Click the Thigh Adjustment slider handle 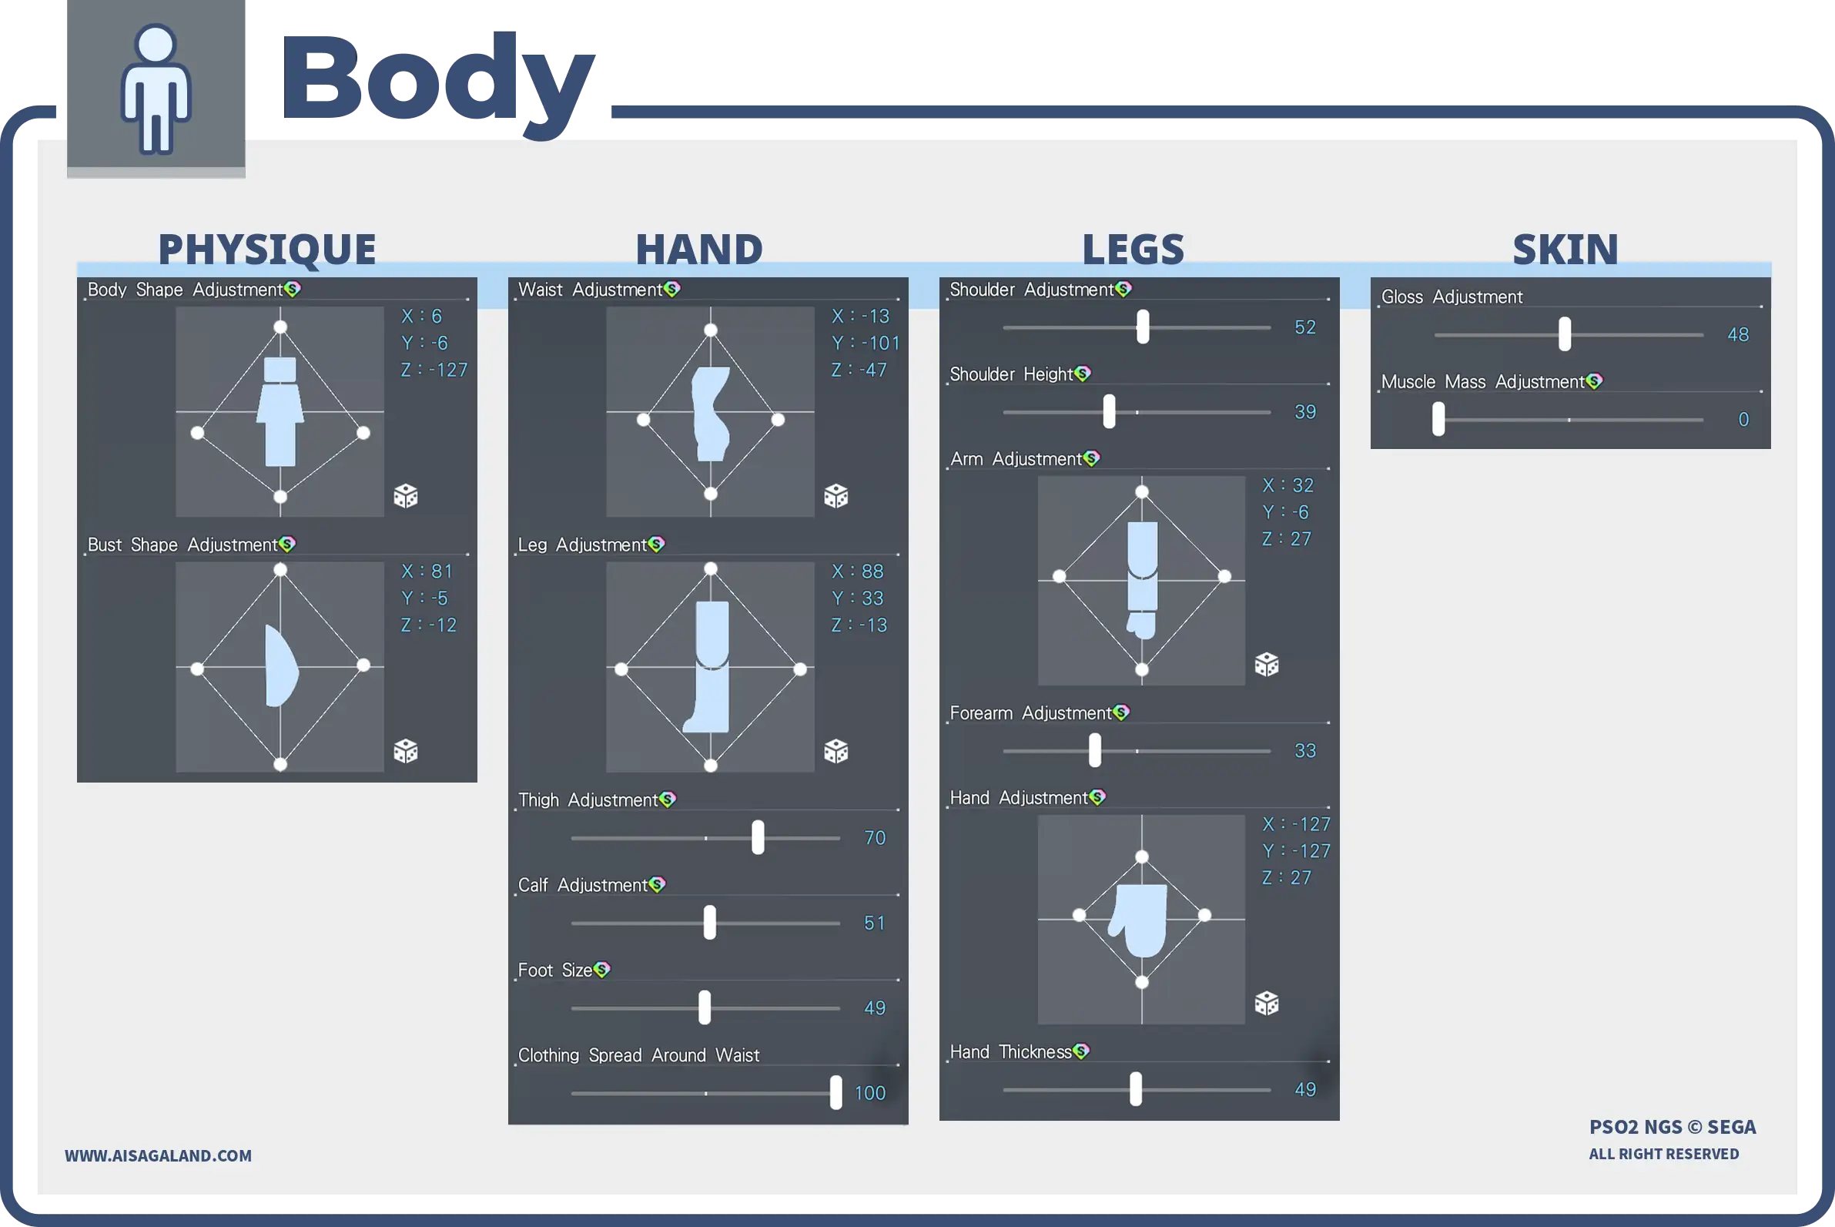point(757,837)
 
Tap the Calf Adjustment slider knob point(709,923)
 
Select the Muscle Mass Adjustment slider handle point(1438,419)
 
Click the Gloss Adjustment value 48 point(1738,335)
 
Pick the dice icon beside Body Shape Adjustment point(405,495)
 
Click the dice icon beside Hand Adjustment point(1267,1002)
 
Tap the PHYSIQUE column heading point(266,249)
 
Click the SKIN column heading point(1565,249)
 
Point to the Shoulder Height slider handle point(1108,411)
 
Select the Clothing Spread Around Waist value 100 point(870,1093)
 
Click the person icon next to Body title point(156,89)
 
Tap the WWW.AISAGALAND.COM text point(158,1156)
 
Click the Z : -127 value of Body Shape point(434,370)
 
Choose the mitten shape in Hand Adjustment point(1138,920)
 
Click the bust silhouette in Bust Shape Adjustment point(282,666)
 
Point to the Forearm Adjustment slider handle point(1094,750)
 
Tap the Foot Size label point(554,971)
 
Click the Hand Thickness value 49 point(1304,1089)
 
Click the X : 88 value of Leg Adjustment point(857,572)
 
